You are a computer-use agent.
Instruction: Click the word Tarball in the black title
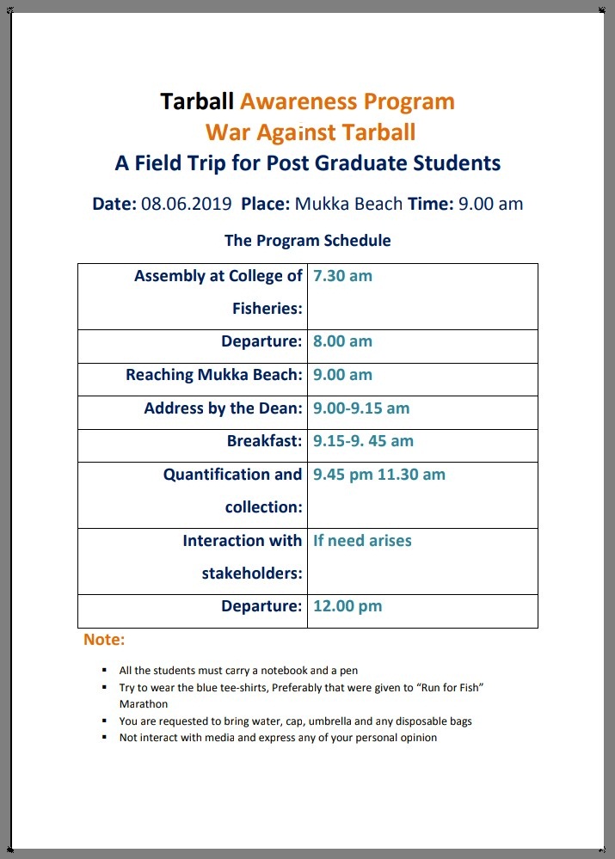[x=197, y=101]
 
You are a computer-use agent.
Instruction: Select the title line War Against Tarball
[x=311, y=132]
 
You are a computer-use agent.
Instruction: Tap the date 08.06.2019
[x=187, y=204]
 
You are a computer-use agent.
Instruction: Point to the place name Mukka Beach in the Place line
[x=348, y=204]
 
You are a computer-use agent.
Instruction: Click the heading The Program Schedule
[x=307, y=241]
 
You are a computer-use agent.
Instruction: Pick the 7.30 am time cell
[x=342, y=276]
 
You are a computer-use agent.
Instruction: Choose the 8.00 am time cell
[x=342, y=341]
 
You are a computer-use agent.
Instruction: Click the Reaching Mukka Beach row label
[x=213, y=375]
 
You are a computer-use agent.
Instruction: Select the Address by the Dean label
[x=223, y=408]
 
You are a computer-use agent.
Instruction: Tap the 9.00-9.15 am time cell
[x=361, y=408]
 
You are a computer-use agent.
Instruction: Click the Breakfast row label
[x=264, y=441]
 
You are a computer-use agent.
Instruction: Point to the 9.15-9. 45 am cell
[x=363, y=441]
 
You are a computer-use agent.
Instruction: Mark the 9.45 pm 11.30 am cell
[x=379, y=474]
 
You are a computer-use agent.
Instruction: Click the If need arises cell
[x=362, y=541]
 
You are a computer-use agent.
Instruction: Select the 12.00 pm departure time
[x=347, y=606]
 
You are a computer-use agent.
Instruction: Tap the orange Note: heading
[x=104, y=640]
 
